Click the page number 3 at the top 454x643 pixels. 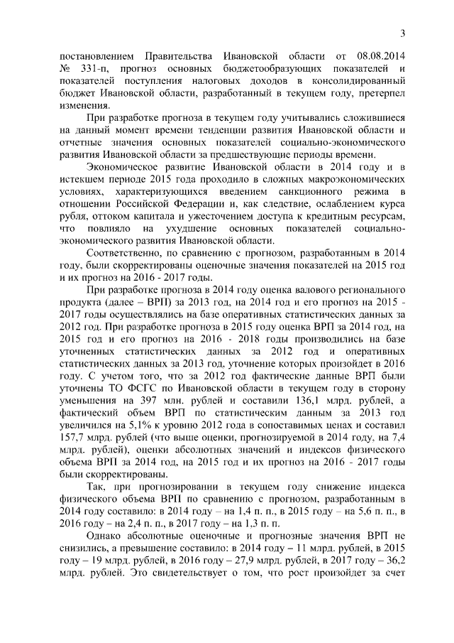[402, 33]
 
